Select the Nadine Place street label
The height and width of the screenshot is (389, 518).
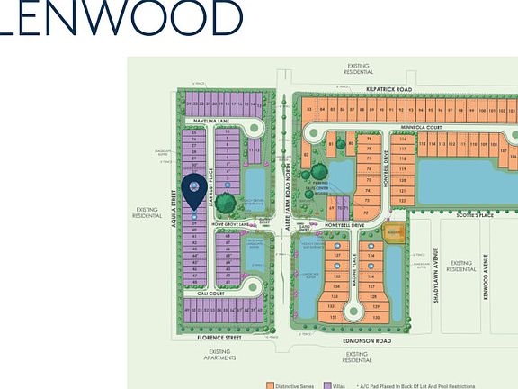(x=352, y=267)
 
